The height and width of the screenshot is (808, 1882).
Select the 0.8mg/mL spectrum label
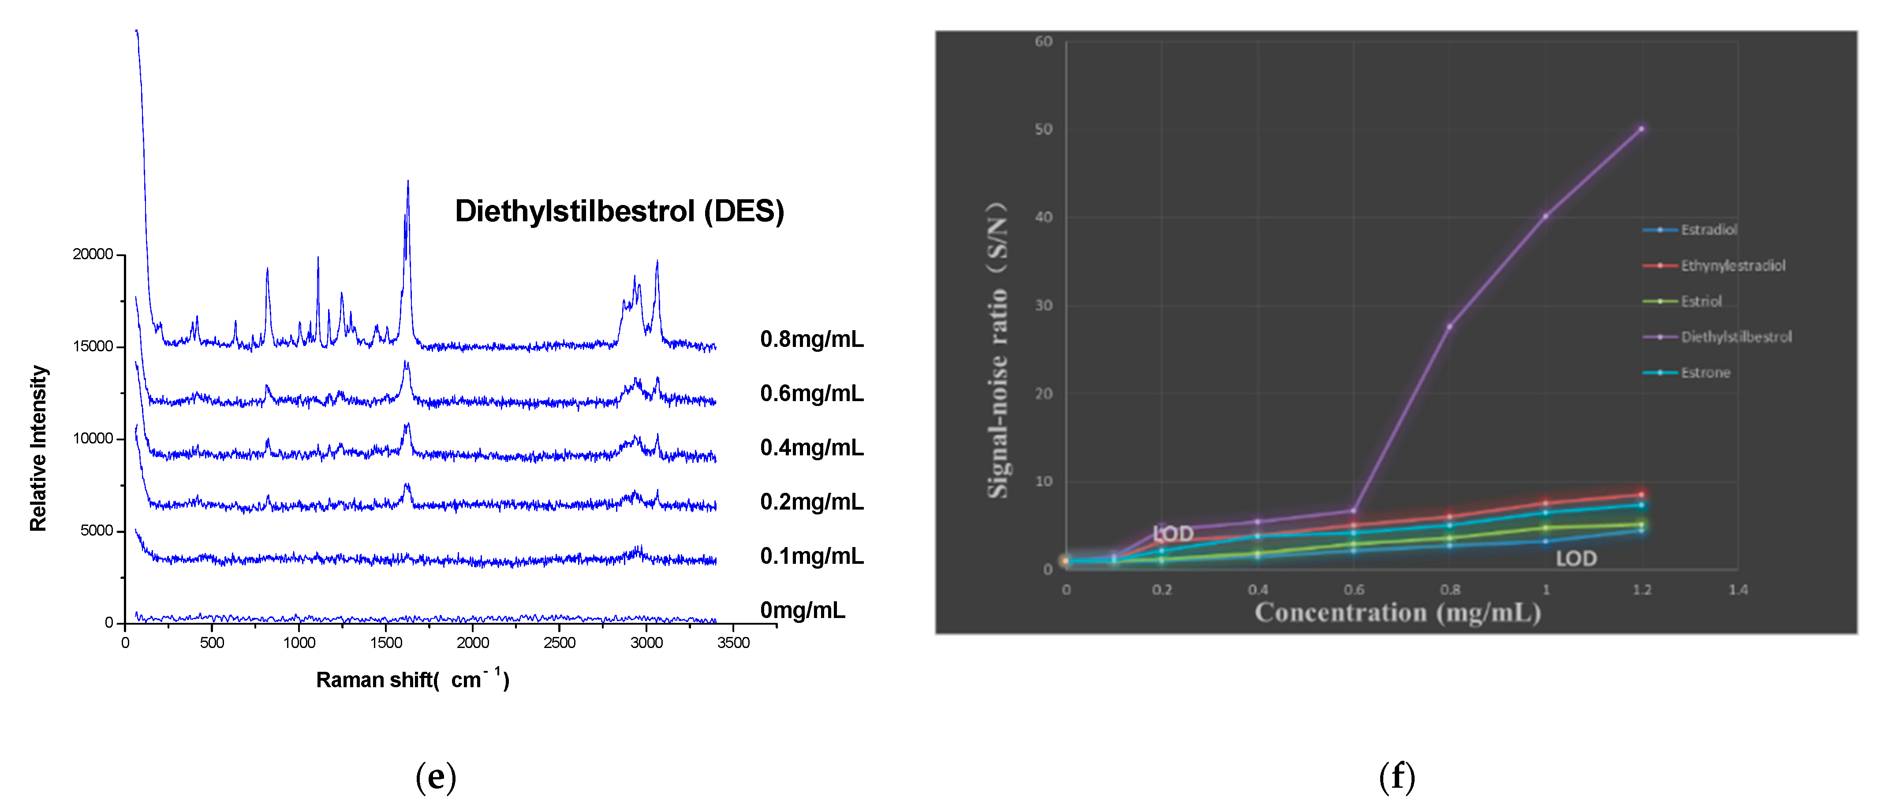pos(811,339)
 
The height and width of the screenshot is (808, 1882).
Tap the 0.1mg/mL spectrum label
pos(811,556)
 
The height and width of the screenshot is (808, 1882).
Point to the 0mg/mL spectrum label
pos(802,610)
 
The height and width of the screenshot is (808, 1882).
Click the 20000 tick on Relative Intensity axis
pos(93,254)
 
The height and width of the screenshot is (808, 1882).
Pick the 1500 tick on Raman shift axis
pos(386,643)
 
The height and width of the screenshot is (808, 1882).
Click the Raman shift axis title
pos(412,679)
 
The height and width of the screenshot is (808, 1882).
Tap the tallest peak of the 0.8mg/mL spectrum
pos(408,182)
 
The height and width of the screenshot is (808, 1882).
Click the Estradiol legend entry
pos(1708,229)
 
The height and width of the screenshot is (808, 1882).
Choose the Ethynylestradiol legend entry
pos(1732,265)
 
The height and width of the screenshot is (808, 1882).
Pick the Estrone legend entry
pos(1705,372)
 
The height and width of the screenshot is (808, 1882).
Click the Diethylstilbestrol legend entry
pos(1736,337)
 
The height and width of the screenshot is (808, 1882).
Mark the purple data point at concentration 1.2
pos(1642,129)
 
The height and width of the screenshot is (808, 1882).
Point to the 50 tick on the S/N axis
pos(1043,129)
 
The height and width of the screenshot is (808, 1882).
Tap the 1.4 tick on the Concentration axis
pos(1738,589)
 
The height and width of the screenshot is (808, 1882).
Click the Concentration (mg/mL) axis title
pos(1398,612)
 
